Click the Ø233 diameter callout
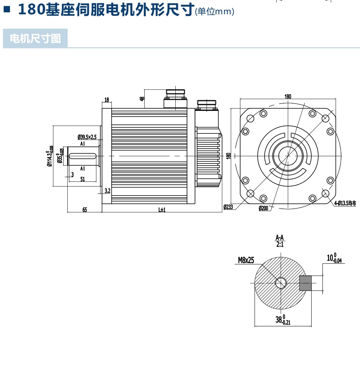coord(228,207)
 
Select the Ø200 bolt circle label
coord(263,208)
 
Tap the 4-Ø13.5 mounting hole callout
coord(345,203)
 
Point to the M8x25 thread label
coord(246,260)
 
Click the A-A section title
coord(280,237)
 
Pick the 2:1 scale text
coord(280,244)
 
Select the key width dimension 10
coord(334,258)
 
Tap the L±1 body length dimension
coord(162,209)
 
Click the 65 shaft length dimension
coord(85,209)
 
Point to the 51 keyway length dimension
coord(83,179)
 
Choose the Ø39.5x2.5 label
coord(87,137)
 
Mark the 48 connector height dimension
coord(142,99)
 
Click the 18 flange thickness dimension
coord(107,100)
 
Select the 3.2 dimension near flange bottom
coord(107,190)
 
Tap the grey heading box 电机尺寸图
coord(35,38)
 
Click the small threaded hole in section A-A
coord(281,283)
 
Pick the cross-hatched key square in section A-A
coord(305,283)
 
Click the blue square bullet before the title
coord(7,9)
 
